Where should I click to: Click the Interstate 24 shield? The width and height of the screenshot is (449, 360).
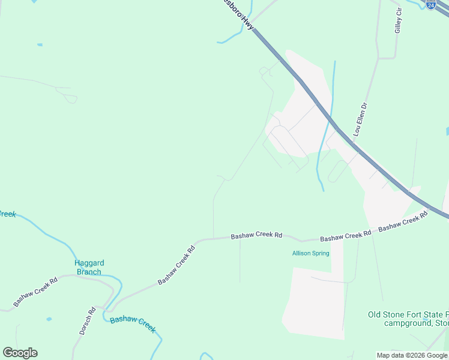431,4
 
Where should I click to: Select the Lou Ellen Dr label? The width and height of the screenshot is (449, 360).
361,118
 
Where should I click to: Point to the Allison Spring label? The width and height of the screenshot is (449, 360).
310,253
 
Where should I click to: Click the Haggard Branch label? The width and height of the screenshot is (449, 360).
89,267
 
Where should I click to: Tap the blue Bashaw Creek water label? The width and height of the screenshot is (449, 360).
133,323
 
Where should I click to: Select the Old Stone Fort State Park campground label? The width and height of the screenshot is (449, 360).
408,319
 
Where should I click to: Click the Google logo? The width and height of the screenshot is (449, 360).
20,353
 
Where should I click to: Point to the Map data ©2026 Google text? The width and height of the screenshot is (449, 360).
412,355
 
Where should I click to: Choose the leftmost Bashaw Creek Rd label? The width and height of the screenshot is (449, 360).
35,291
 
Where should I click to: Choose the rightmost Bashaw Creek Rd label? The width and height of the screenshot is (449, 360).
404,222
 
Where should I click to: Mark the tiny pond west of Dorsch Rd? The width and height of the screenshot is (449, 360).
49,319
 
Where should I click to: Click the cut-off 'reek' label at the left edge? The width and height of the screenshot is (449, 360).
7,214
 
